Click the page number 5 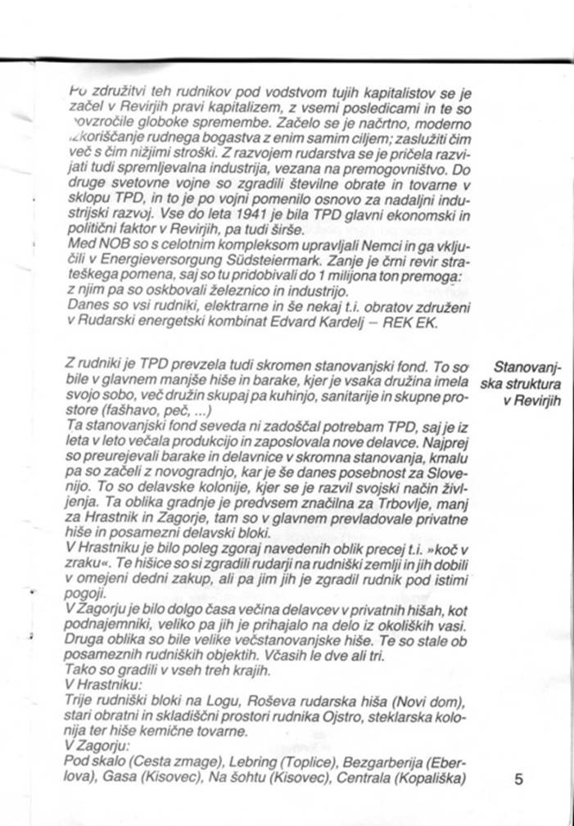coord(518,779)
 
